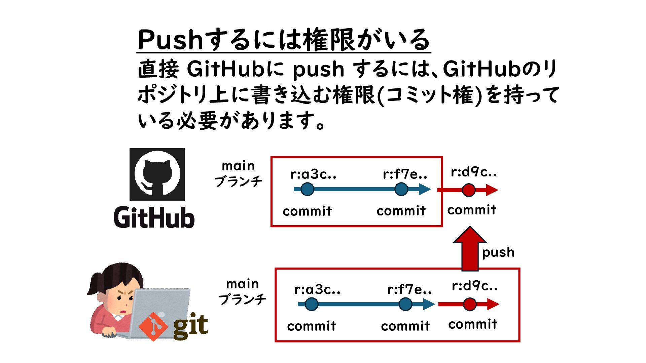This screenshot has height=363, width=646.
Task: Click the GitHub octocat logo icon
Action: (x=157, y=174)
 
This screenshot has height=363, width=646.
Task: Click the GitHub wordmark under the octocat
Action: (x=154, y=217)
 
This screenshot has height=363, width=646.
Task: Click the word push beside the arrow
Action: (x=498, y=252)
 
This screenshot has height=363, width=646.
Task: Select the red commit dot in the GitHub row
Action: (x=468, y=190)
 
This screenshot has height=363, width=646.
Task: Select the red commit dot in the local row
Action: (x=470, y=304)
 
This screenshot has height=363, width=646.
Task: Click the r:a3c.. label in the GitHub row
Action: (x=313, y=174)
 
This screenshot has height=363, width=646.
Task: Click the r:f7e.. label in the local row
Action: (x=409, y=289)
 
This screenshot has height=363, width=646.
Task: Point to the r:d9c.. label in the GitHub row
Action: (x=474, y=172)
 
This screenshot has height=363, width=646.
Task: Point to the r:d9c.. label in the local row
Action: (x=475, y=286)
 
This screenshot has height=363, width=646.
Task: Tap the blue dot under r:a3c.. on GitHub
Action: (x=307, y=189)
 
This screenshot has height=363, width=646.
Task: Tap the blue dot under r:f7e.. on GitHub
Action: (x=401, y=189)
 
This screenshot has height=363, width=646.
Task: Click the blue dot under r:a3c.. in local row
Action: (x=311, y=304)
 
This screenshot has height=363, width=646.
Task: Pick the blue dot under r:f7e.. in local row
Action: (x=405, y=304)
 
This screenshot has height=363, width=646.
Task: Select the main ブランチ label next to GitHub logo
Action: (x=238, y=174)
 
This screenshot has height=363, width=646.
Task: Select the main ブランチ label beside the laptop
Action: (x=242, y=291)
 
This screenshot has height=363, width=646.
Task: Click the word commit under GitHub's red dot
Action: (x=472, y=210)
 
